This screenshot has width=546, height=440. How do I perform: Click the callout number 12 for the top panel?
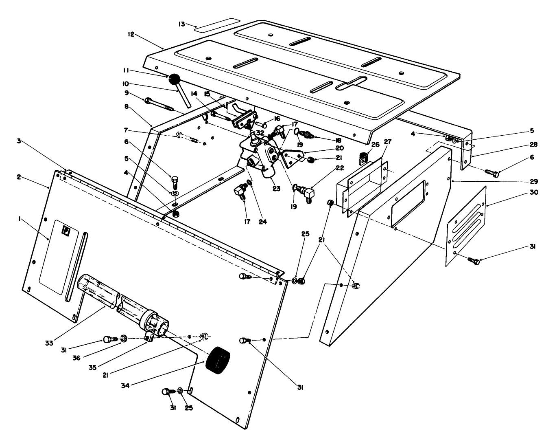(x=131, y=35)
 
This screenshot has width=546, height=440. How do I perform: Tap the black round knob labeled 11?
(x=175, y=79)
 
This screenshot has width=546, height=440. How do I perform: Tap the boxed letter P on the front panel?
(x=65, y=231)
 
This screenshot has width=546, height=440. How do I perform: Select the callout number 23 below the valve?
(x=277, y=189)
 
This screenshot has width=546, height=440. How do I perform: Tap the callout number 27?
(x=387, y=142)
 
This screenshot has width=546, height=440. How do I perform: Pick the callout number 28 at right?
(x=534, y=145)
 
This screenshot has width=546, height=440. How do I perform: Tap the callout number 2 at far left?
(x=19, y=177)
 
